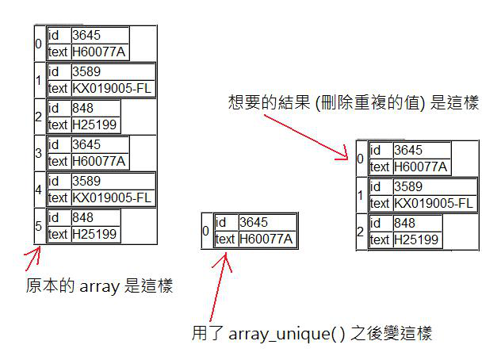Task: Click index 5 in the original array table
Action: click(38, 226)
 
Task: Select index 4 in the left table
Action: click(38, 190)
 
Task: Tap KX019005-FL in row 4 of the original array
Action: click(111, 197)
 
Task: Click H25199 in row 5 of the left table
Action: click(94, 234)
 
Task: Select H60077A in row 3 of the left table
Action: click(98, 161)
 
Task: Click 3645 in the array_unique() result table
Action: click(254, 224)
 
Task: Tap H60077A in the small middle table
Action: click(266, 239)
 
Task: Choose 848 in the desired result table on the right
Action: click(404, 224)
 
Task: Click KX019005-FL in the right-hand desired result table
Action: click(434, 203)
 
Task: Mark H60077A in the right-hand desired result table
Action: click(421, 167)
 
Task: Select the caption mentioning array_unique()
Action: click(312, 333)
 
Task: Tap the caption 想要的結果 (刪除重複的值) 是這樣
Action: click(353, 104)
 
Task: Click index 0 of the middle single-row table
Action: click(206, 231)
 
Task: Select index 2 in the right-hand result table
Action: click(361, 232)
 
